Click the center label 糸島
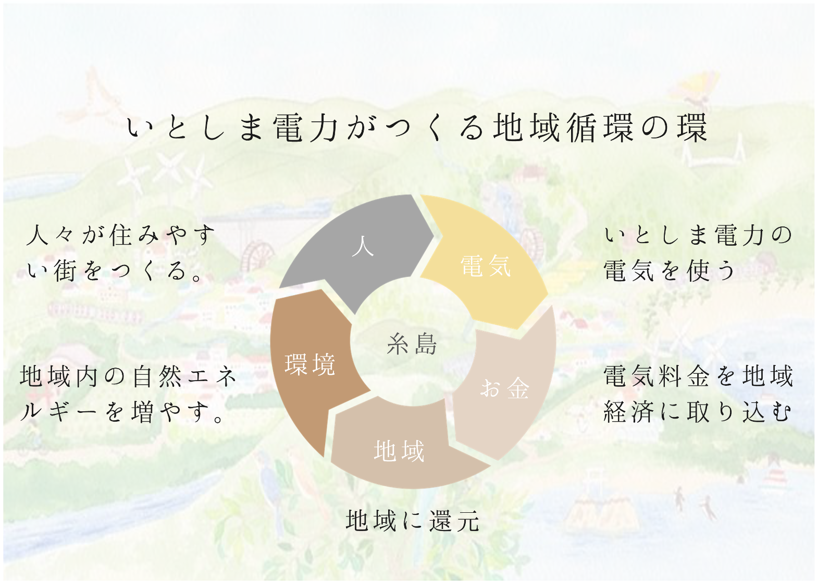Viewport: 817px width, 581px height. click(x=412, y=344)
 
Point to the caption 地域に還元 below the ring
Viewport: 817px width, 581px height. click(x=412, y=521)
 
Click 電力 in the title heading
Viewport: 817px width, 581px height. click(x=306, y=128)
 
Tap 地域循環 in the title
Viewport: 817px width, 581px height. click(x=563, y=128)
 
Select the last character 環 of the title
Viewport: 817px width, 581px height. click(x=692, y=128)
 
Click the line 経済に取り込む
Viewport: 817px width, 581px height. click(x=697, y=412)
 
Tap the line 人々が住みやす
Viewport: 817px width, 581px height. click(x=121, y=235)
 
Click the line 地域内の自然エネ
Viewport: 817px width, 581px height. click(x=128, y=376)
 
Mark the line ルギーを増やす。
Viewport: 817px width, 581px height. click(x=122, y=412)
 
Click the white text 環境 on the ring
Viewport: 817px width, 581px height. click(x=310, y=364)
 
